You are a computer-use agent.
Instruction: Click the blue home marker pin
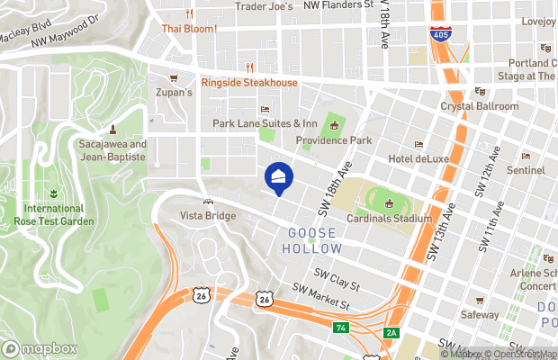point(278,176)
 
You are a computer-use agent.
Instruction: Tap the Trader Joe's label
point(265,6)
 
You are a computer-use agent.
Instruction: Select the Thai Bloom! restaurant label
point(189,28)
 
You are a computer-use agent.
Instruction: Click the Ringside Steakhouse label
point(248,83)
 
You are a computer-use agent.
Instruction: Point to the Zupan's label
point(175,93)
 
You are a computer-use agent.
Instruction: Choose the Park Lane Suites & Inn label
point(265,123)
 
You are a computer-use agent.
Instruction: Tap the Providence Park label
point(334,140)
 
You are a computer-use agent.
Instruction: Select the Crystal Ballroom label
point(479,106)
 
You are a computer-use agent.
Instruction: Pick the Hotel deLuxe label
point(417,158)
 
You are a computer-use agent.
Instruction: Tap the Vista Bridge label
point(209,216)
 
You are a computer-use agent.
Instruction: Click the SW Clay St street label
point(336,279)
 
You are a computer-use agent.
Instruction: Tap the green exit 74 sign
point(339,328)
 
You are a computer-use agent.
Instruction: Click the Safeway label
point(480,315)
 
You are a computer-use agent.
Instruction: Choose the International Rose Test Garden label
point(55,214)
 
